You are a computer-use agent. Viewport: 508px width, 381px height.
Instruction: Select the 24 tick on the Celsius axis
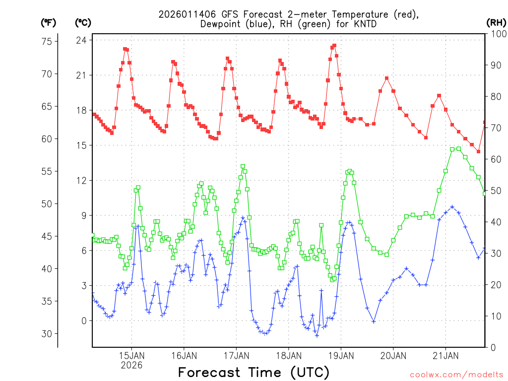coord(81,40)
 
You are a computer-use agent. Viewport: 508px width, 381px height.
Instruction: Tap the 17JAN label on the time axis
coord(236,356)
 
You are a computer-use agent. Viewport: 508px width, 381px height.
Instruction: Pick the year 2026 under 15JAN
coord(131,365)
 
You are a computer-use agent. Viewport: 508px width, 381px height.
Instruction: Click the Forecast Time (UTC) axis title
coord(254,372)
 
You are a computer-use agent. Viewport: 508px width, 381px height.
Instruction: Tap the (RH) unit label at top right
coord(496,22)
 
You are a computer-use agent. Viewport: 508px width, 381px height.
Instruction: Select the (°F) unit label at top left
coord(49,22)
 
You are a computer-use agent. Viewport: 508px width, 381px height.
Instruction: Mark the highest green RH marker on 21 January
coord(458,148)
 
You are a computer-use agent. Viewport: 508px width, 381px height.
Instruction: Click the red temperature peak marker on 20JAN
coord(387,78)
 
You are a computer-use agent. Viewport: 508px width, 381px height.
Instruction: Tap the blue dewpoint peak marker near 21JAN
coord(452,207)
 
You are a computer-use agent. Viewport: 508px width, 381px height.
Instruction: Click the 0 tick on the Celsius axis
coord(83,321)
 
